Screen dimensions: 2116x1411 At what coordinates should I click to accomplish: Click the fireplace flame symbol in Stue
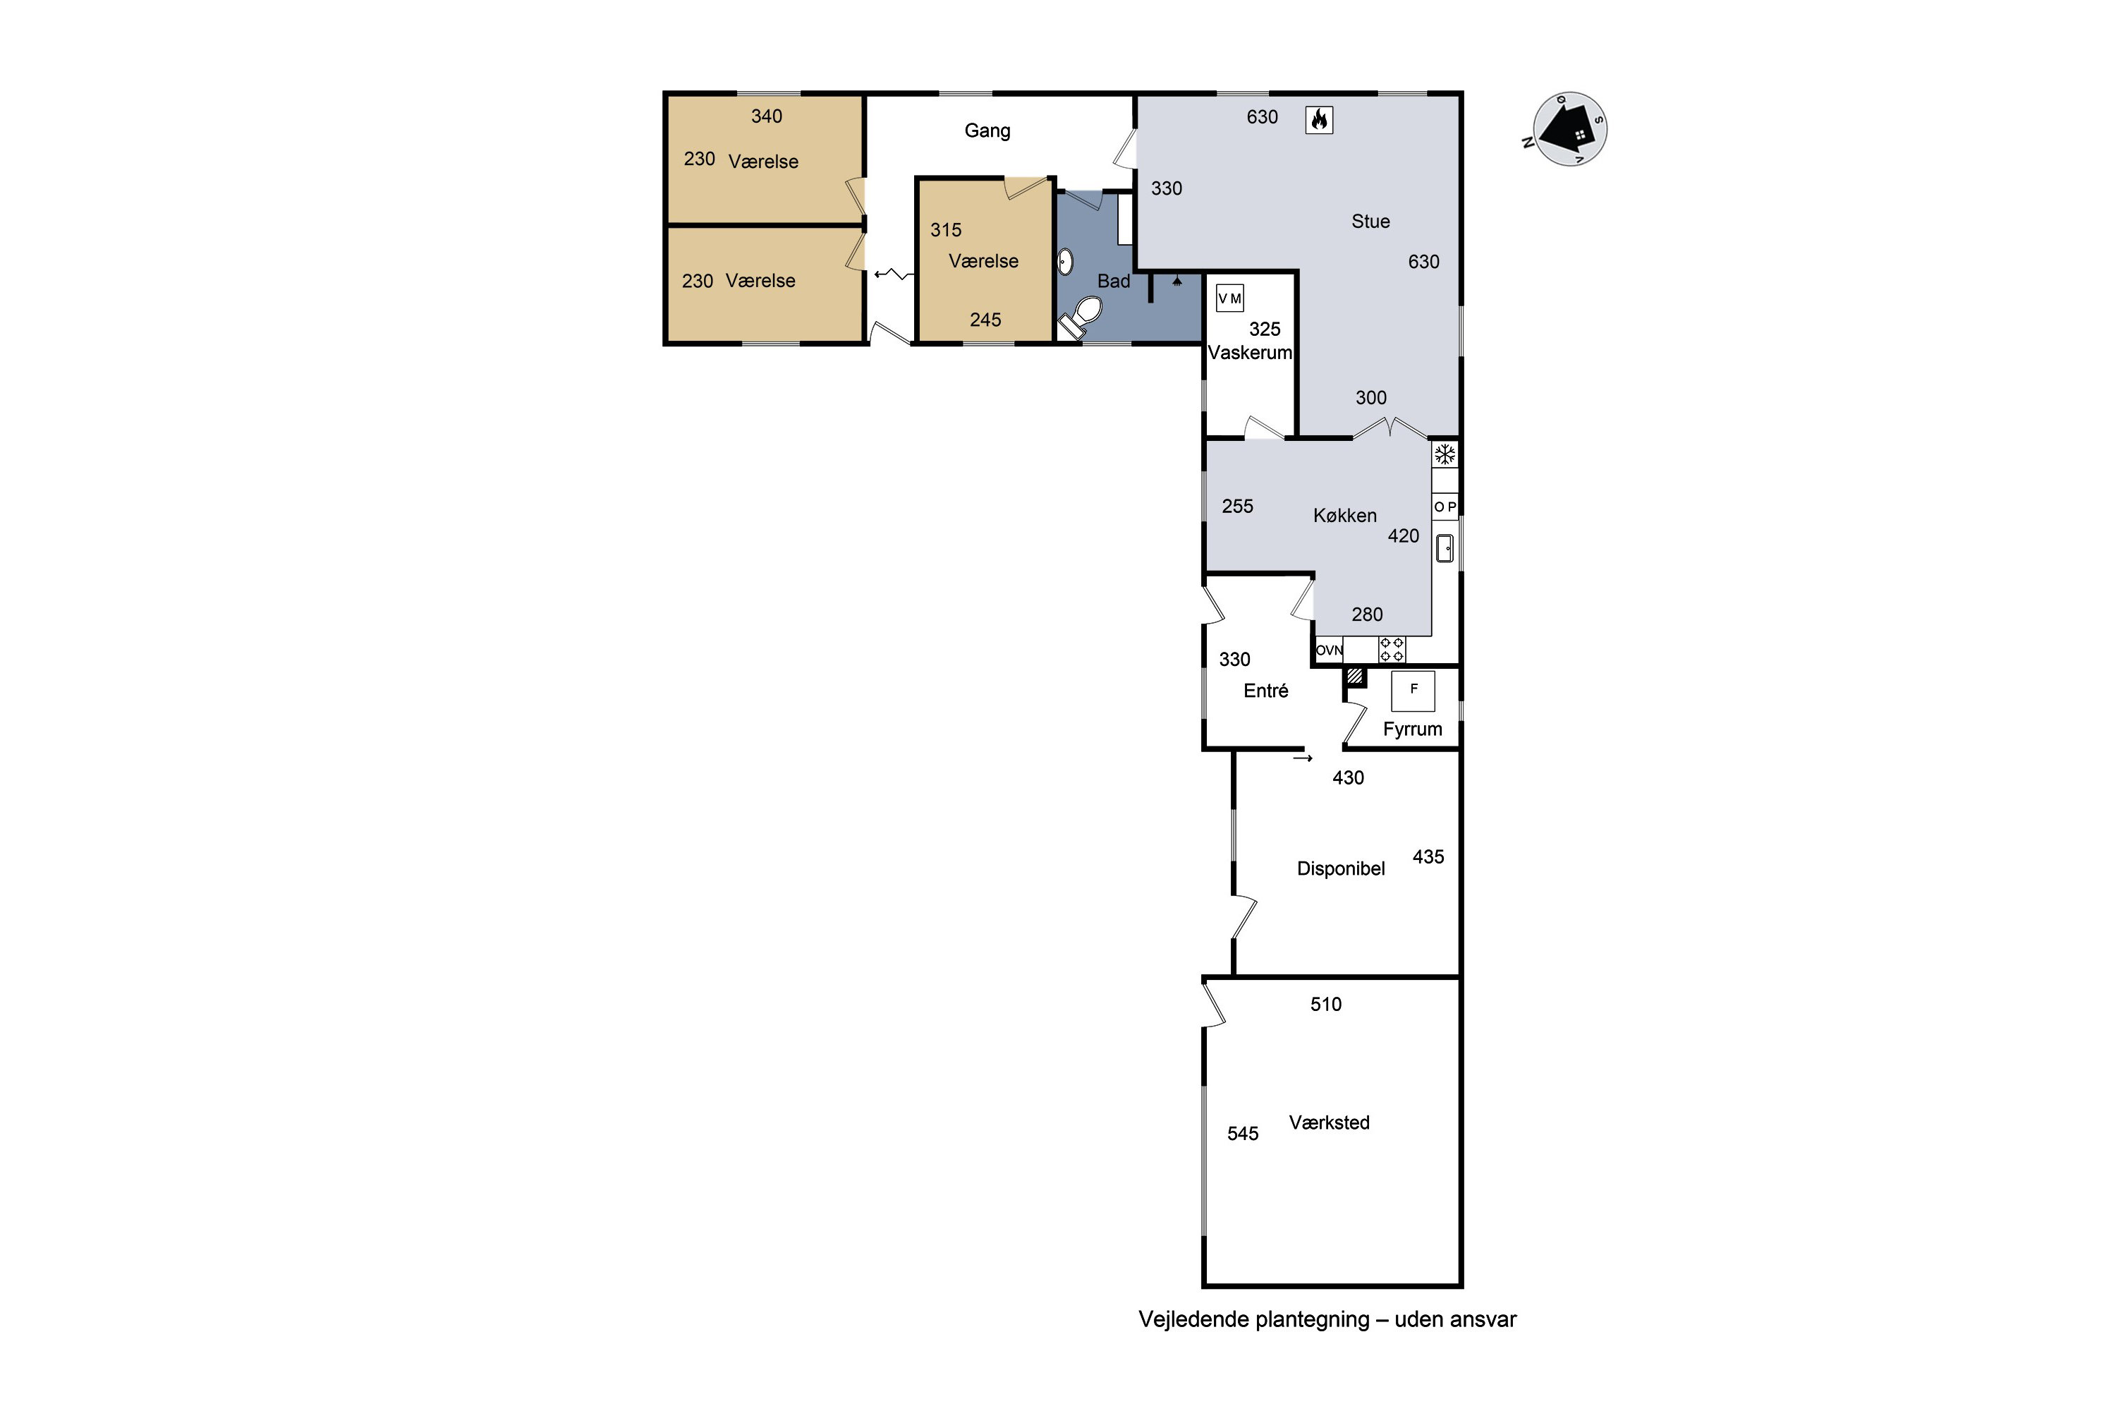(x=1319, y=120)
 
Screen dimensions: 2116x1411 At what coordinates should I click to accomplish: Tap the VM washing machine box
(x=1230, y=298)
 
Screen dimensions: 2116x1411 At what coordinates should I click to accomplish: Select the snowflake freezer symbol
(x=1445, y=454)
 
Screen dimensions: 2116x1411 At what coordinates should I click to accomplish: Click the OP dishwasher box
(x=1445, y=507)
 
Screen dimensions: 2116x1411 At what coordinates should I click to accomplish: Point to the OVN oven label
(x=1330, y=650)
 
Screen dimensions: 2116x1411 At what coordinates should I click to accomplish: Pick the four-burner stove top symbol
(x=1392, y=650)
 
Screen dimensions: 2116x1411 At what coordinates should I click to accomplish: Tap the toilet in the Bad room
(x=1081, y=317)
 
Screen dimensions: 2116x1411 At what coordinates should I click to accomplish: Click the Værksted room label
(x=1330, y=1122)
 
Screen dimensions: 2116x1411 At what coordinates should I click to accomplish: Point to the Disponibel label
(x=1341, y=868)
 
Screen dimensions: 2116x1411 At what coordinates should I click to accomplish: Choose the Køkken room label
(x=1345, y=516)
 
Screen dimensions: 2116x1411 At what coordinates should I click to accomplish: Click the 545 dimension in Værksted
(x=1244, y=1134)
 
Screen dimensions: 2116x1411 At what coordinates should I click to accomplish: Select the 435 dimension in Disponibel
(x=1429, y=856)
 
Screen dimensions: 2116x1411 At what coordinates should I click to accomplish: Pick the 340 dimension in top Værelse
(x=767, y=116)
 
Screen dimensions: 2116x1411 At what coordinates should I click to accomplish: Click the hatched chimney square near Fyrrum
(x=1355, y=676)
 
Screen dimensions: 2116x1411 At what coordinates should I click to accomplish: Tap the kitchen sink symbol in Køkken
(x=1445, y=548)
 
